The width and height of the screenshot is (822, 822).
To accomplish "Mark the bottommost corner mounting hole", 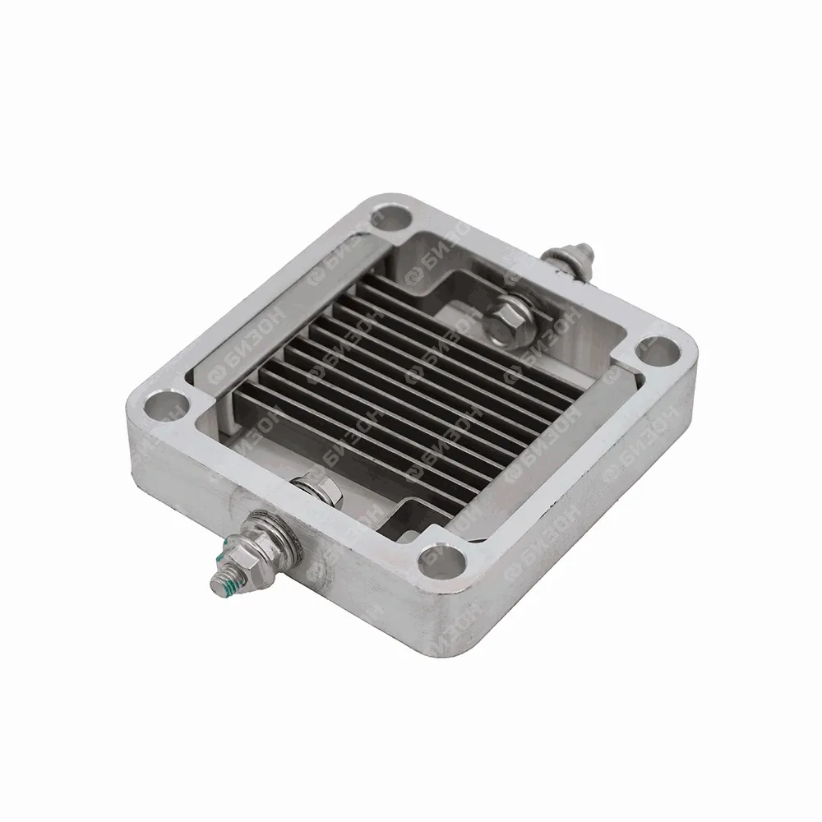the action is [x=442, y=561].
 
